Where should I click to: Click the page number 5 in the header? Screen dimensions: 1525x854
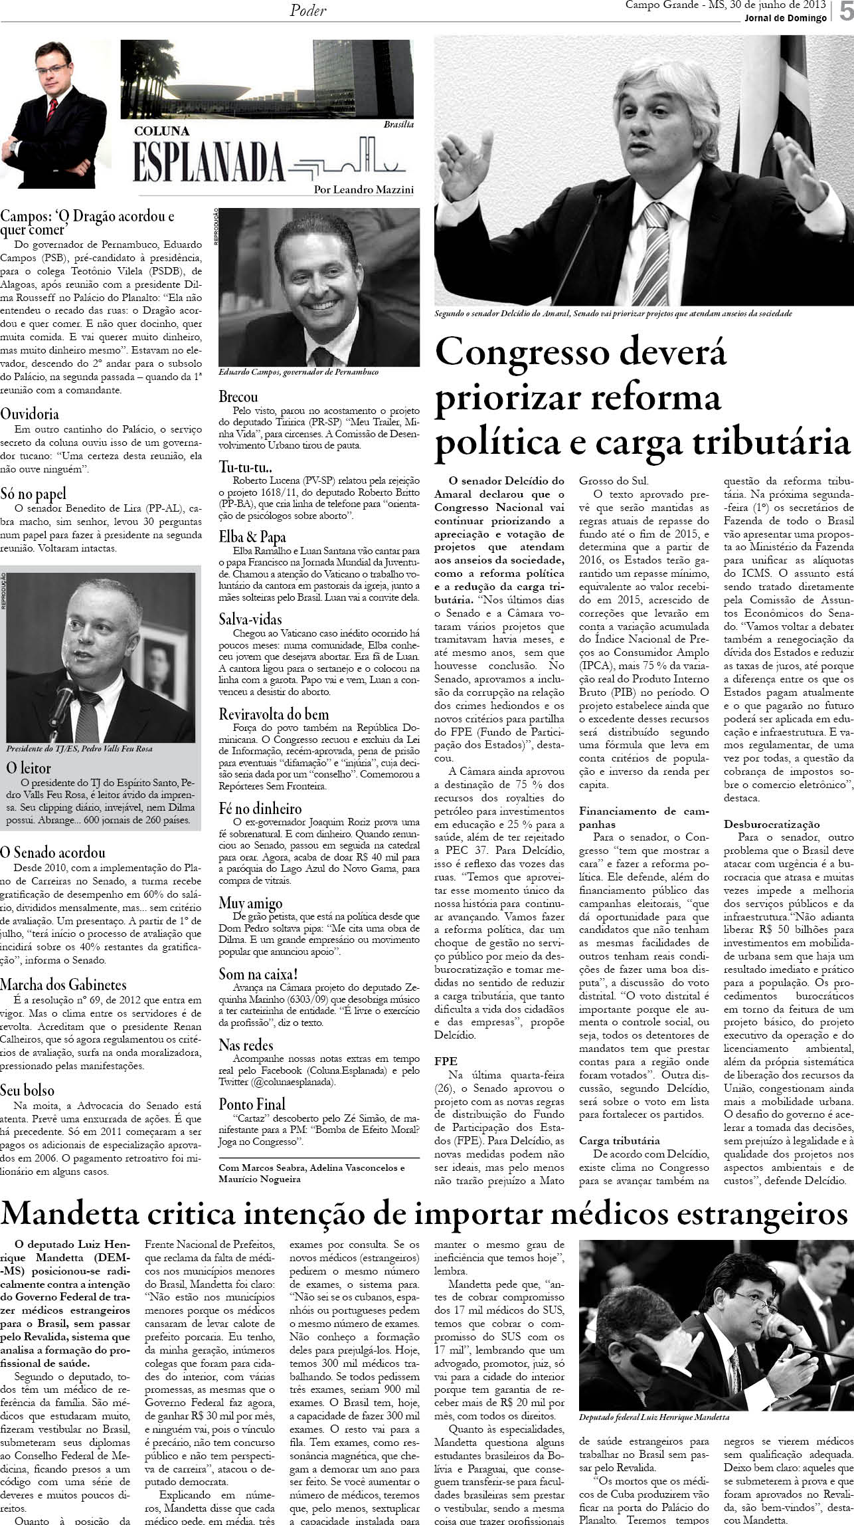pos(845,14)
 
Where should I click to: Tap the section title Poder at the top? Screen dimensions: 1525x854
pos(308,11)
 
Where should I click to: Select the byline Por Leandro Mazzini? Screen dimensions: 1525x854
pos(364,189)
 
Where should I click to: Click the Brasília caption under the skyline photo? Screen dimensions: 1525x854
pos(398,124)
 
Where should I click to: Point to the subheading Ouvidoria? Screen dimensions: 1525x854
pos(30,414)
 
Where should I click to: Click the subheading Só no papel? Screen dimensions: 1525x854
pos(33,494)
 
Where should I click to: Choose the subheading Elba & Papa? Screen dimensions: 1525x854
pos(252,536)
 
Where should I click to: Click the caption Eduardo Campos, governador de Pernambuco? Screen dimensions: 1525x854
pos(298,372)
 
